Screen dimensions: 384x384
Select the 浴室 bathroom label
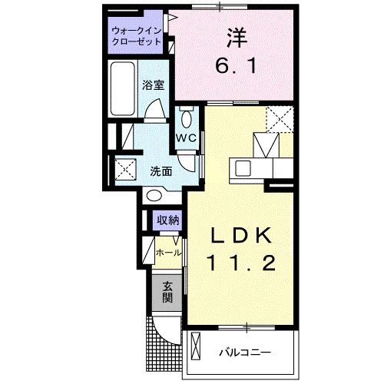153,86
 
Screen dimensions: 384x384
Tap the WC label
187,137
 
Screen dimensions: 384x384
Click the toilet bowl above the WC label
187,118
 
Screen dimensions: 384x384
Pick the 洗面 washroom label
161,171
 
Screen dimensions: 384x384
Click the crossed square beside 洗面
125,169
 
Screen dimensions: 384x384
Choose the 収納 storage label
169,221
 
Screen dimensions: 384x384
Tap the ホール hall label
169,253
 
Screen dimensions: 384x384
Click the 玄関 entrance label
167,292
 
